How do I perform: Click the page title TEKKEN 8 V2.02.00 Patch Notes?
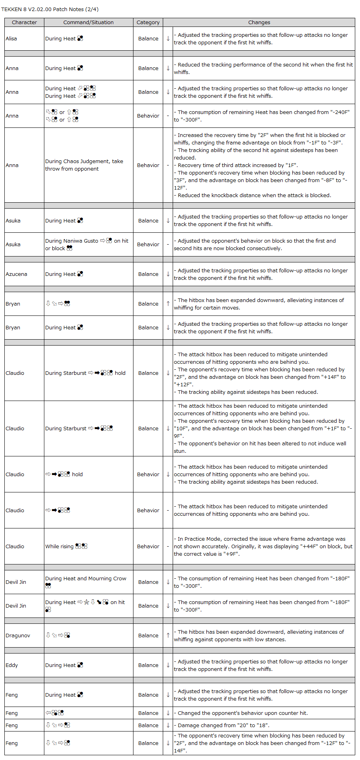pos(50,9)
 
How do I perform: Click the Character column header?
pos(24,22)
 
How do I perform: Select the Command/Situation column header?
pos(88,22)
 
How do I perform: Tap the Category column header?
pos(148,22)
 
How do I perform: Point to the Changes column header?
pos(259,22)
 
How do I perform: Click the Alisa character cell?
pos(11,38)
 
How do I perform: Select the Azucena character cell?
pos(16,274)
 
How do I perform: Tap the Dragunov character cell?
pos(18,635)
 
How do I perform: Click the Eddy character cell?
pos(12,665)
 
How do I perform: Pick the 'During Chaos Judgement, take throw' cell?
pos(84,165)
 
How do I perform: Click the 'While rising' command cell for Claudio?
pos(66,546)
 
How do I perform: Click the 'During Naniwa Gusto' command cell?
pos(86,244)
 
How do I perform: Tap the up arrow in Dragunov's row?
pos(168,635)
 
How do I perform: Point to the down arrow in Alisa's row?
pos(168,38)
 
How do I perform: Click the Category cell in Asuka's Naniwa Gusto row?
pos(148,244)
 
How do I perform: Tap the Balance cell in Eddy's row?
pos(148,665)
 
